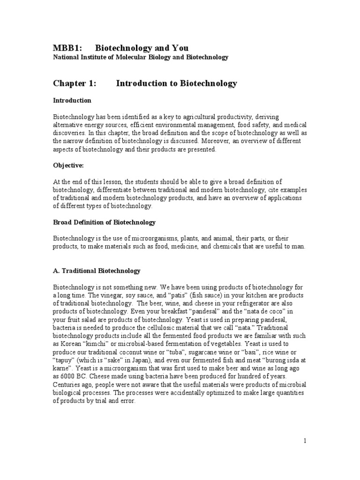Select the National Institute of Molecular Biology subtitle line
140,57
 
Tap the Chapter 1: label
74,83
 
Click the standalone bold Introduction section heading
72,100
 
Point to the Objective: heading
69,165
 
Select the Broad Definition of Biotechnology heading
104,222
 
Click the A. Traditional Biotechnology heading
96,270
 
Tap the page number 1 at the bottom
305,441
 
